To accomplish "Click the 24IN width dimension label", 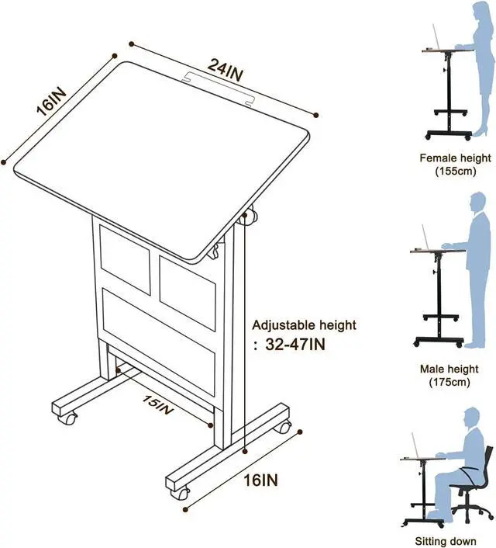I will click(224, 72).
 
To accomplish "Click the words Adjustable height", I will click(305, 325).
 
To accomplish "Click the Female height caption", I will click(455, 158).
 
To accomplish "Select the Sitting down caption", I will click(455, 541).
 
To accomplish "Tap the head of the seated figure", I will click(472, 417).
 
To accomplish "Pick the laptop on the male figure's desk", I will click(426, 238).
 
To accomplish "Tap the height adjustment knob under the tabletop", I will click(250, 218).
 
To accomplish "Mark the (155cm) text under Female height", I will click(455, 172).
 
